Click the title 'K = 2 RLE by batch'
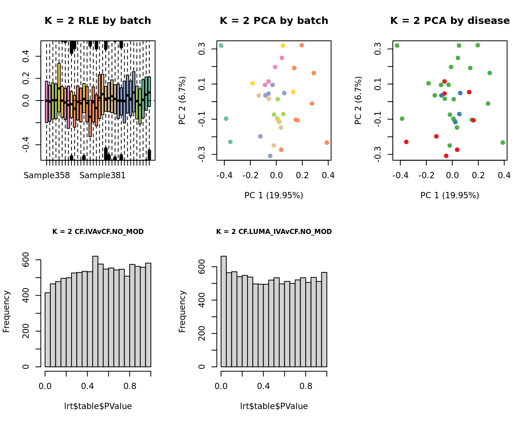[98, 21]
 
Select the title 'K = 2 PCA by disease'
[450, 21]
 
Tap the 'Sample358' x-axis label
[47, 175]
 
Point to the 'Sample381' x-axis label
[103, 175]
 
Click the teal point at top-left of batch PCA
[221, 46]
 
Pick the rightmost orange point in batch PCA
[327, 142]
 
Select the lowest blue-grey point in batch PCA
[270, 156]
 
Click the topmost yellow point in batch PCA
[283, 46]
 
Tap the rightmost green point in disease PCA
[503, 142]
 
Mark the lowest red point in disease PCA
[446, 156]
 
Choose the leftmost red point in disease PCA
[406, 142]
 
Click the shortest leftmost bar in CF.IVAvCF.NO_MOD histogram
[48, 330]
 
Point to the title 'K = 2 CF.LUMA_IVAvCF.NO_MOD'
[274, 232]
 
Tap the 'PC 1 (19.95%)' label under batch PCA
[274, 195]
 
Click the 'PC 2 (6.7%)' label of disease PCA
[358, 100]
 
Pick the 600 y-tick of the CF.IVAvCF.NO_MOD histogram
[26, 260]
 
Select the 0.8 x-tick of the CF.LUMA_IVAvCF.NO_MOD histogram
[306, 386]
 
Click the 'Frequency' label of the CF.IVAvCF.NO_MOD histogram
[6, 311]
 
